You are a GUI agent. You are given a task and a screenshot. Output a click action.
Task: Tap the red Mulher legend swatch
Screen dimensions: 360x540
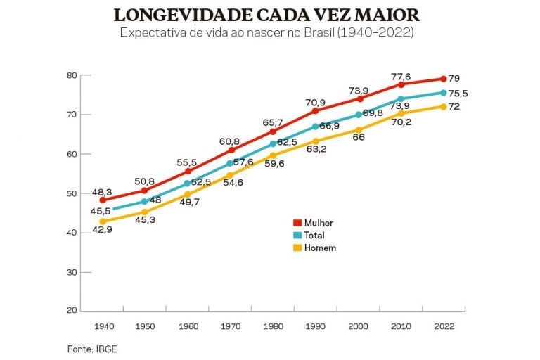pyautogui.click(x=297, y=223)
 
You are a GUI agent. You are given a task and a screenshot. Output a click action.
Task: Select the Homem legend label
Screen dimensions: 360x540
pyautogui.click(x=320, y=247)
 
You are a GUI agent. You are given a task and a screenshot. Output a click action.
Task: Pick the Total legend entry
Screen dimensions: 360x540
pyautogui.click(x=316, y=236)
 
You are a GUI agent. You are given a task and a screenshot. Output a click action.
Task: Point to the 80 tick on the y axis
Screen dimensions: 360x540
pyautogui.click(x=71, y=75)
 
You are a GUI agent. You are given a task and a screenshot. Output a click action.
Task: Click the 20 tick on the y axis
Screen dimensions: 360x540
pyautogui.click(x=71, y=311)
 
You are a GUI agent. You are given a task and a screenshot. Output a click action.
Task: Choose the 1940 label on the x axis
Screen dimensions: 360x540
pyautogui.click(x=103, y=326)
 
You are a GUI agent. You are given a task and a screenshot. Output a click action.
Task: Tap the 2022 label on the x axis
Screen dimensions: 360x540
pyautogui.click(x=444, y=326)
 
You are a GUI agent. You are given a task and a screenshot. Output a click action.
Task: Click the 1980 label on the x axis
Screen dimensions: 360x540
pyautogui.click(x=274, y=326)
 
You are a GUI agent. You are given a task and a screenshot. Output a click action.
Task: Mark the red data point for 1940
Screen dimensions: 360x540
pyautogui.click(x=103, y=200)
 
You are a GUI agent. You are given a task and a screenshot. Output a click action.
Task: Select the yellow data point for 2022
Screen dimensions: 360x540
pyautogui.click(x=444, y=106)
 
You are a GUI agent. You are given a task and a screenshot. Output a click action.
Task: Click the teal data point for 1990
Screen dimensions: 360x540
pyautogui.click(x=316, y=127)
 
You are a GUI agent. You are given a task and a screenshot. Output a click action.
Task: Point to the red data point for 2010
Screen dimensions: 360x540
pyautogui.click(x=401, y=84)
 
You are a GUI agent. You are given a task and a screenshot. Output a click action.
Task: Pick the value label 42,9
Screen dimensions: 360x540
pyautogui.click(x=103, y=230)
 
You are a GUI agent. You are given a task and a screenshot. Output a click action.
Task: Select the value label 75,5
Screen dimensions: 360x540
pyautogui.click(x=459, y=93)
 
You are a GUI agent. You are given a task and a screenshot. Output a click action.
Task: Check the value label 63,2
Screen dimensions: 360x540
pyautogui.click(x=316, y=149)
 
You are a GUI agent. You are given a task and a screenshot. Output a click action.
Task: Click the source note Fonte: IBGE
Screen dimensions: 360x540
pyautogui.click(x=87, y=348)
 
